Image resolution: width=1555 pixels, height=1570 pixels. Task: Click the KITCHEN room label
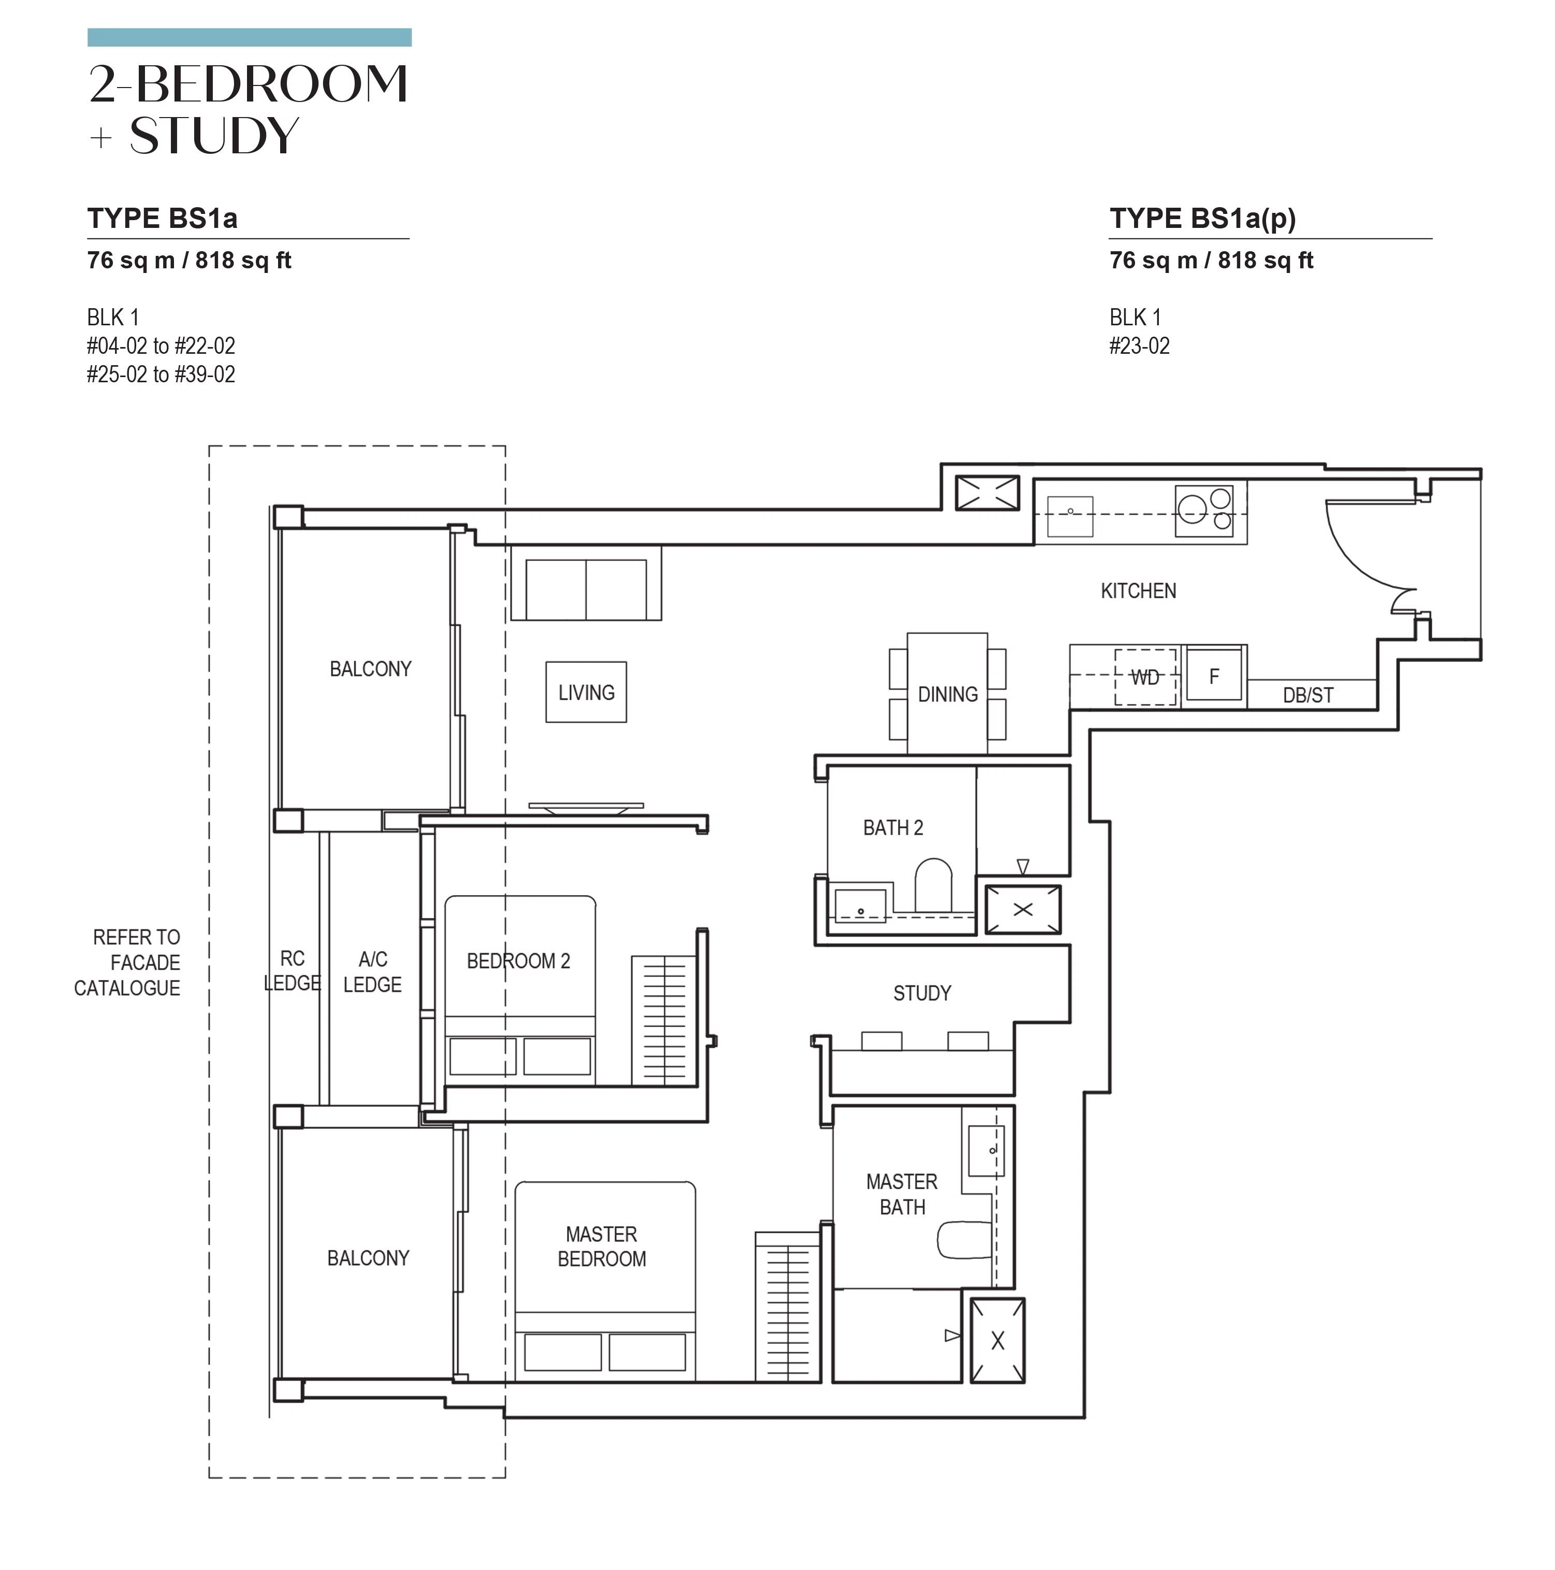coord(1138,591)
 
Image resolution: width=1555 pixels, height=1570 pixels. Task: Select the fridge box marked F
coord(1214,674)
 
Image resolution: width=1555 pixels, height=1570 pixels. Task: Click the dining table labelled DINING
coord(947,693)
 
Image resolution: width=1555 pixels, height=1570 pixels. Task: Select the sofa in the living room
coord(586,583)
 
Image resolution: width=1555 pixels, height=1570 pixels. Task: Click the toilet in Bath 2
coord(933,885)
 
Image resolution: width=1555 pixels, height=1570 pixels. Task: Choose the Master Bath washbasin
coord(986,1150)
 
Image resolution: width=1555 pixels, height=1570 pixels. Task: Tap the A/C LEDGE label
coord(372,971)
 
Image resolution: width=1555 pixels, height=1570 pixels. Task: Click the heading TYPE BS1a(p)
coord(1202,219)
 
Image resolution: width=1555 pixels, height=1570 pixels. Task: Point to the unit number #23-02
coord(1139,346)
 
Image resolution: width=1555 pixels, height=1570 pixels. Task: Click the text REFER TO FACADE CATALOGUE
coord(127,962)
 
